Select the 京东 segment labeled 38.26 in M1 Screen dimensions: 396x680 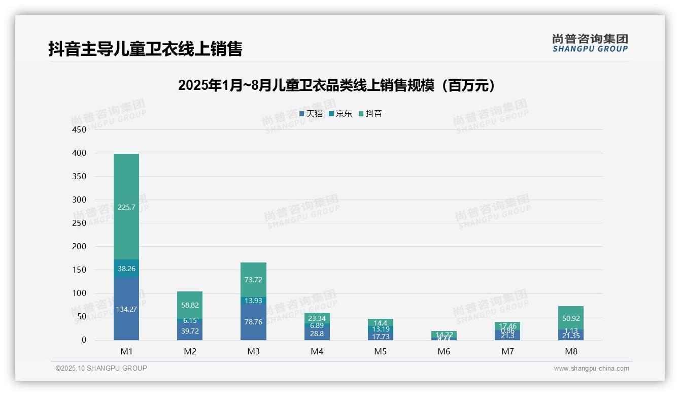coord(126,269)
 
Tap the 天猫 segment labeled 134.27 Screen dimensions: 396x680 coord(126,309)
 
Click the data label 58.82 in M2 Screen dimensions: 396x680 coord(190,305)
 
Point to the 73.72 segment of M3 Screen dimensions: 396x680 coord(254,280)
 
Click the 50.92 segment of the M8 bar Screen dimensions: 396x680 coord(571,318)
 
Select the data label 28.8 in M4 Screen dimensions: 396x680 coord(317,334)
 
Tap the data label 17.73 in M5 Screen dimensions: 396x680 coord(381,336)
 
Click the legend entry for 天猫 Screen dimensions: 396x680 coord(311,114)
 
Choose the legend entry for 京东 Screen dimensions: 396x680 coord(341,114)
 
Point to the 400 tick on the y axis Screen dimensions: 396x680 coord(80,153)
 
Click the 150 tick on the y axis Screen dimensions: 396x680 coord(80,270)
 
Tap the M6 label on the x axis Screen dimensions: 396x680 coord(444,351)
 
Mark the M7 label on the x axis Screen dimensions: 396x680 coord(507,351)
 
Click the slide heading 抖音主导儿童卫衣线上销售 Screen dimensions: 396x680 coord(145,49)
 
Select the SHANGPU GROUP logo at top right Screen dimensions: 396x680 coord(590,43)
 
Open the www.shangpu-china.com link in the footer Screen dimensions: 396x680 coord(591,369)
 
